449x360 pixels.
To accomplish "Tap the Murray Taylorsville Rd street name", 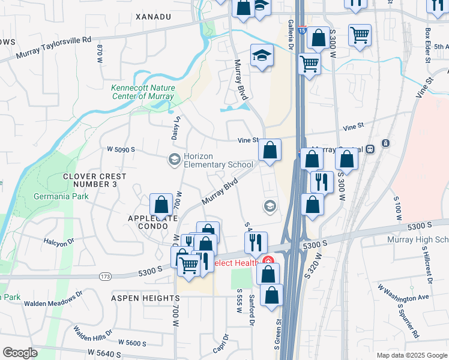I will pos(54,47).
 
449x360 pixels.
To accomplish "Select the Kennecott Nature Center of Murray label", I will pos(142,92).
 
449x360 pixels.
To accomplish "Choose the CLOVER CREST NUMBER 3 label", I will pos(95,180).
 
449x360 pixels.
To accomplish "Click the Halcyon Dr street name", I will pos(58,241).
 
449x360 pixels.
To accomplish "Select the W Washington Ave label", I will pos(403,293).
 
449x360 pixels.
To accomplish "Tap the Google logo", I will pos(20,353).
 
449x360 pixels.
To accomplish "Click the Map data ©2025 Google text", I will pos(412,355).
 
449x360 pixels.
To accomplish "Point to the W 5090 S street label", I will pos(121,149).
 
